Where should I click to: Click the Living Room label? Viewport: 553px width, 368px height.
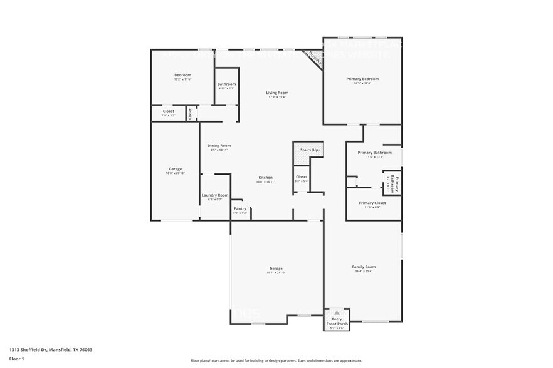point(278,93)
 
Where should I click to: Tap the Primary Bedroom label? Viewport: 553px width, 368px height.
point(362,79)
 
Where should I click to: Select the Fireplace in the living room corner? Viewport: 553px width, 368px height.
point(313,59)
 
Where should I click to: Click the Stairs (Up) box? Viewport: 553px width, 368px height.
point(308,150)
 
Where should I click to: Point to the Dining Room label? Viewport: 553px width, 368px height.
point(219,146)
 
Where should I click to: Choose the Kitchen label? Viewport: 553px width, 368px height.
point(266,178)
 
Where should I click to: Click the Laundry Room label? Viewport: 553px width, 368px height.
point(215,195)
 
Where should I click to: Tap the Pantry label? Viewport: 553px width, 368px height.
point(240,209)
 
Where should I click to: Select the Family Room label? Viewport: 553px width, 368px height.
point(364,267)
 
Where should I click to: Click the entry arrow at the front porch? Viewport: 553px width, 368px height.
point(337,312)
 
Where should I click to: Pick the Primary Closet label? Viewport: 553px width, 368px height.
point(372,203)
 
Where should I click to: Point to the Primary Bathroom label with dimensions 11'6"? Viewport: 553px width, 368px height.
point(374,153)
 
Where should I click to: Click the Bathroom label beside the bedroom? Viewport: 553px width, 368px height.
point(226,84)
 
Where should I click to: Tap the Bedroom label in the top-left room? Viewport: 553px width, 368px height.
point(182,75)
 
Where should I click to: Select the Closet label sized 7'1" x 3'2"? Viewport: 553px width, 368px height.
point(168,111)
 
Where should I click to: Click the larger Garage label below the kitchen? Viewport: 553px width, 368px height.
point(276,268)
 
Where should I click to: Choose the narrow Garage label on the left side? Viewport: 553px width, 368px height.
point(175,169)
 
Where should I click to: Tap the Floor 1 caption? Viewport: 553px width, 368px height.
point(16,359)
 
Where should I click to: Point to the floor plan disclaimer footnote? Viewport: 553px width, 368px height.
point(276,360)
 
